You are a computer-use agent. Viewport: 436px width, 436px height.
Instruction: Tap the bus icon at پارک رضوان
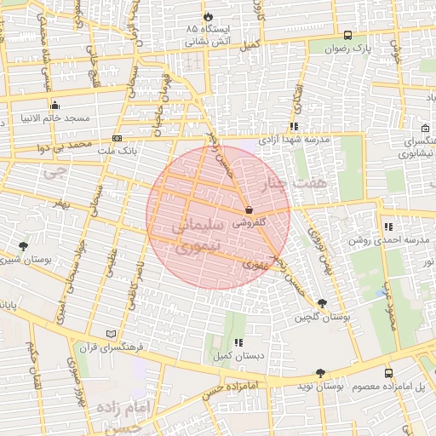(347, 35)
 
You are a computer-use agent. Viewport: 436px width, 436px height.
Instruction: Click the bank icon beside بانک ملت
(118, 138)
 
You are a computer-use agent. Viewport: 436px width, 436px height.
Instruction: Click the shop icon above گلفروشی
(249, 209)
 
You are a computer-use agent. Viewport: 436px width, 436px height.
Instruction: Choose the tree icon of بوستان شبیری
(23, 246)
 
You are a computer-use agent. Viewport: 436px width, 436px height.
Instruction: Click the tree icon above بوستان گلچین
(321, 303)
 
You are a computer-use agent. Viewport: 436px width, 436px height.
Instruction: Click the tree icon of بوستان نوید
(320, 372)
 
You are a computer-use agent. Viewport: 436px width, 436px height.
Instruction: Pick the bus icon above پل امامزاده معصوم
(389, 373)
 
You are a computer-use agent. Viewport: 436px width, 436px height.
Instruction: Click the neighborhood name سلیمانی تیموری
(197, 238)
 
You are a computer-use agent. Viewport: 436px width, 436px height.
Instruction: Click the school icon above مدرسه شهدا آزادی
(294, 126)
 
